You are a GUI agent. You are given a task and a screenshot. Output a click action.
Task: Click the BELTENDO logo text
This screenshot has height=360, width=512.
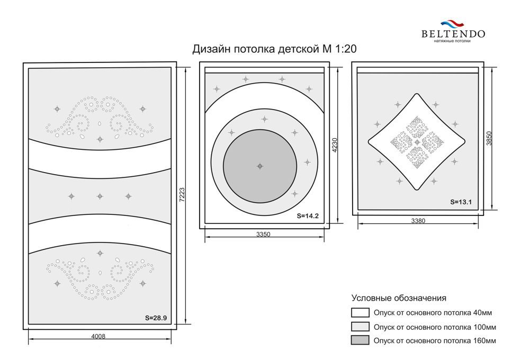coord(453,34)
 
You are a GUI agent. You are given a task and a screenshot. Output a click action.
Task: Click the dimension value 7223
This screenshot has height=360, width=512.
coord(182,194)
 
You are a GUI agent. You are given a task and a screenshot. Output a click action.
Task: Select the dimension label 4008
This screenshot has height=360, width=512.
coord(98,336)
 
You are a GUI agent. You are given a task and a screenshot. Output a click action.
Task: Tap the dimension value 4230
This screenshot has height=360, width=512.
coord(335,145)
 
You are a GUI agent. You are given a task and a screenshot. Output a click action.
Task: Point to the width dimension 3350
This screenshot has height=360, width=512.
coord(263,234)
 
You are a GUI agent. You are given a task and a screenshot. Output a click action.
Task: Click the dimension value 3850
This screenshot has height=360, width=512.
coord(489,138)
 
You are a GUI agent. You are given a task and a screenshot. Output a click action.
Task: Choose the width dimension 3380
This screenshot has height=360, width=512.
coord(418,221)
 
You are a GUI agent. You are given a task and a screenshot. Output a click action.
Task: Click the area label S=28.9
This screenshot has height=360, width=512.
coord(156,318)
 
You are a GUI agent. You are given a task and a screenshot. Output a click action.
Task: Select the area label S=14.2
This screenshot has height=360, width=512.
coord(308,216)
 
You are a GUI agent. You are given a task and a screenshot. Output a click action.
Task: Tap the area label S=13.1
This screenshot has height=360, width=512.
coord(461,202)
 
